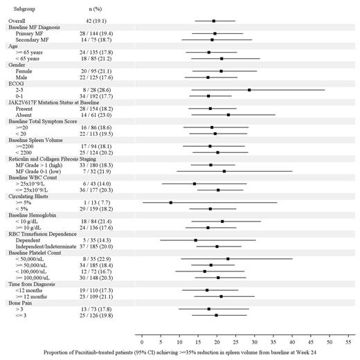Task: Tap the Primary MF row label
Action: [x=31, y=33]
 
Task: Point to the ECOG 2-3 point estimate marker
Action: [x=249, y=90]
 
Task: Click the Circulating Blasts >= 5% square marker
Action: [x=170, y=203]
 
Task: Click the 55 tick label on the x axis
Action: [x=350, y=341]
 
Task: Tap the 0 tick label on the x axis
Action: [x=141, y=341]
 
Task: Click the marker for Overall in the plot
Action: [x=213, y=21]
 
